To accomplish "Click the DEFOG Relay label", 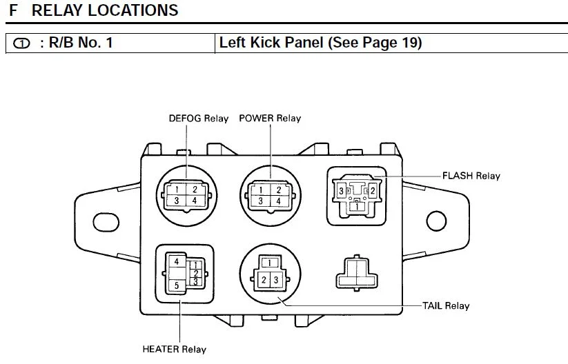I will [198, 118].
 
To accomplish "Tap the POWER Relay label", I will [270, 118].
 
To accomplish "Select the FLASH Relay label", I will [472, 176].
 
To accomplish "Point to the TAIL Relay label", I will [446, 305].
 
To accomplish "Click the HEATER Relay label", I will [174, 349].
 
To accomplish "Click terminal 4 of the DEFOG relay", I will [195, 201].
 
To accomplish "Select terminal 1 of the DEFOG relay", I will [177, 190].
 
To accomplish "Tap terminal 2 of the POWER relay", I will [279, 190].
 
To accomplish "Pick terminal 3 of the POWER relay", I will [261, 201].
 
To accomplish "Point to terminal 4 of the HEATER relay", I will [177, 262].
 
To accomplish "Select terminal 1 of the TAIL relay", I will [271, 263].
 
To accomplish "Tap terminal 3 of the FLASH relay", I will [341, 190].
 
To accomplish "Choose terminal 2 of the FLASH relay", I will [372, 190].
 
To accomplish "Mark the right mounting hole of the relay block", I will [436, 221].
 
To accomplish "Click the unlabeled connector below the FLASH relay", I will [356, 273].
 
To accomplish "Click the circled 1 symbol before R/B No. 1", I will [22, 43].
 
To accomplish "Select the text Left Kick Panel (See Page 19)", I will [320, 43].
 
